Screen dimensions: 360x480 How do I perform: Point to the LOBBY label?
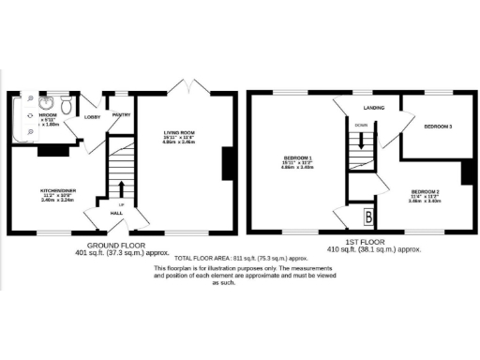point(93,117)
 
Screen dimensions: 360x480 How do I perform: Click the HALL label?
point(117,214)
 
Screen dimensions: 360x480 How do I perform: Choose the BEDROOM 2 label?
point(425,190)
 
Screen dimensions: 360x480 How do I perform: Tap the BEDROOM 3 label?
point(438,126)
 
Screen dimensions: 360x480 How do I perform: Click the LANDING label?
point(377,107)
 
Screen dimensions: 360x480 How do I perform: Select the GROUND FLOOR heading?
point(104,246)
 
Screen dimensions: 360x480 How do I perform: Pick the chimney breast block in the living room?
point(225,162)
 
